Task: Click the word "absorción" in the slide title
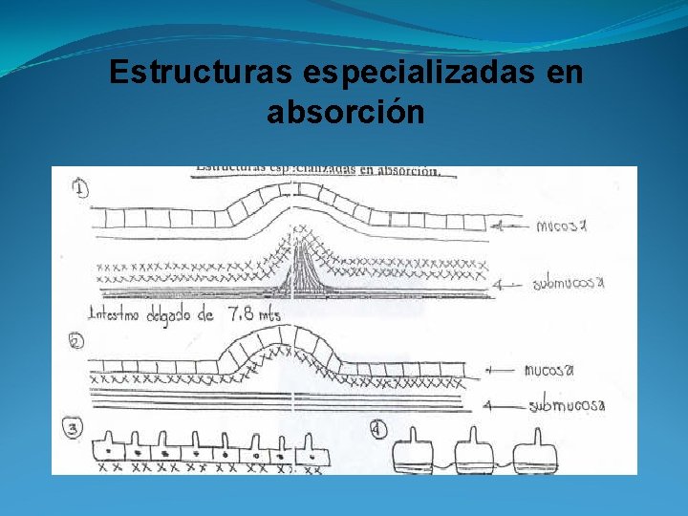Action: point(345,113)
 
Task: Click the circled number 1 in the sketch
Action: point(79,189)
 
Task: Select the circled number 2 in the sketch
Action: point(77,341)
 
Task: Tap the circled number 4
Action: point(378,430)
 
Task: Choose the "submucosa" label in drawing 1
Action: point(570,283)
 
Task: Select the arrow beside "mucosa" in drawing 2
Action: point(502,370)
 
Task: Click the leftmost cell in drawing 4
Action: point(415,451)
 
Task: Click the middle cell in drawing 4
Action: point(475,452)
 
